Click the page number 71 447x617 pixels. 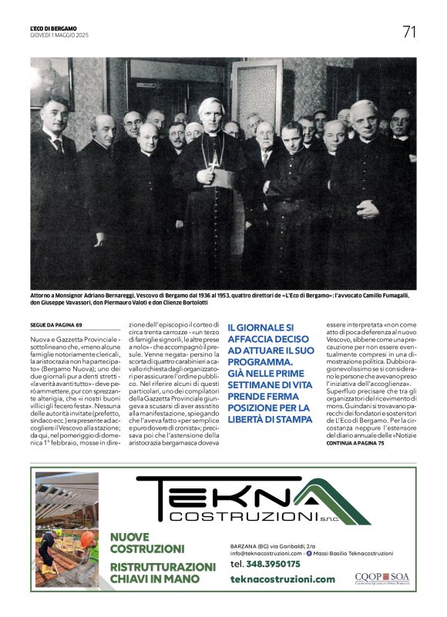click(409, 32)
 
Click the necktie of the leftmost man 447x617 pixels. click(59, 144)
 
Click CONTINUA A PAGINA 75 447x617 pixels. click(355, 444)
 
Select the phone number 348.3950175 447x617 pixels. click(265, 564)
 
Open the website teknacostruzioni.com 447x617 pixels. click(282, 579)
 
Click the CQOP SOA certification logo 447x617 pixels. click(381, 577)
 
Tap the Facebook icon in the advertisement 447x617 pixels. click(309, 553)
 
